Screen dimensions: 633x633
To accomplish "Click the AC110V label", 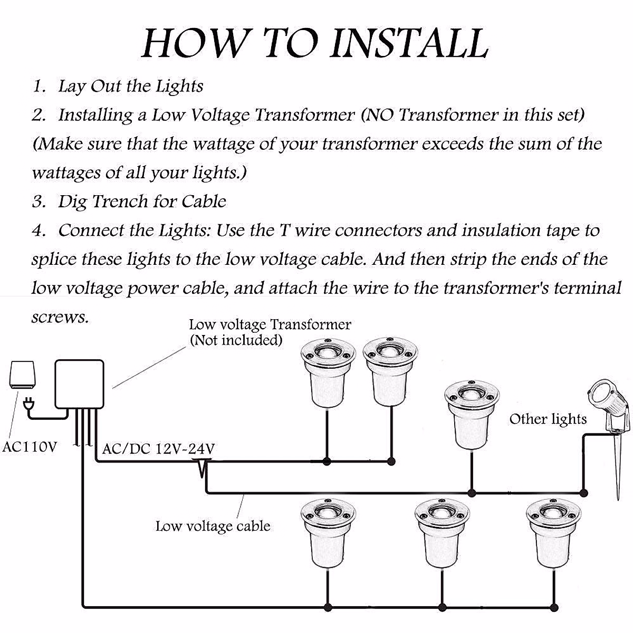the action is (30, 447).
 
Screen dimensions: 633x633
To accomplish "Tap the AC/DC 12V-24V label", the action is (159, 448).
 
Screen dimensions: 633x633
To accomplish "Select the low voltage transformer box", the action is (80, 385).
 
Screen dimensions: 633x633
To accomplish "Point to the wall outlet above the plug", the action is (23, 375).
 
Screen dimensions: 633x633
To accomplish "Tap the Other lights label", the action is (548, 419).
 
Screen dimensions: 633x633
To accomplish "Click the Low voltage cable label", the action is (213, 526).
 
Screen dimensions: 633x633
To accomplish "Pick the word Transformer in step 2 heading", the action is (305, 114).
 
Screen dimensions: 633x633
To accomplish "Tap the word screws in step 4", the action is (60, 317).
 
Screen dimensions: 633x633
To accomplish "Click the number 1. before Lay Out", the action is (39, 87).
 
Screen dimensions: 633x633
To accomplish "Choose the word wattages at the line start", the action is (66, 173).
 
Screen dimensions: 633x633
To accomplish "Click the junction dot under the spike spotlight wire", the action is (583, 493).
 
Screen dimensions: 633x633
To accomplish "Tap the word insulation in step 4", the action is (501, 230).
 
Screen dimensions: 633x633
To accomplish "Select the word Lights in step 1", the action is (179, 87).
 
